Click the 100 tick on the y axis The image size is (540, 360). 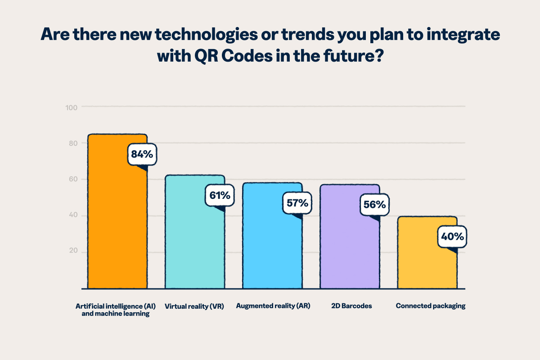73,107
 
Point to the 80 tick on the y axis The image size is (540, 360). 73,143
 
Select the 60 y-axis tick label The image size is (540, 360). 73,179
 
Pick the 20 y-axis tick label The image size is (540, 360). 73,251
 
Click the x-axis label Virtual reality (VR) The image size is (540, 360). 194,306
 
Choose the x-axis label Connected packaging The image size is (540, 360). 430,306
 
